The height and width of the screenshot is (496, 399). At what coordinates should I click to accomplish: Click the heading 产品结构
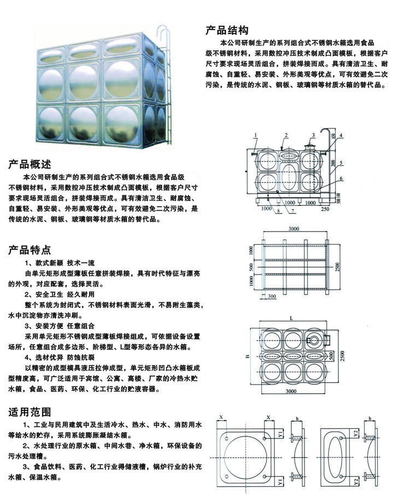point(227,30)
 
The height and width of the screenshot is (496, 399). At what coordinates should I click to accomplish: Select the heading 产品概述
point(30,164)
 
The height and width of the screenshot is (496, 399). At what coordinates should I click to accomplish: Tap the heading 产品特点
point(30,250)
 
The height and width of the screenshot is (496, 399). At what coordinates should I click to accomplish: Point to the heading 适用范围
point(30,412)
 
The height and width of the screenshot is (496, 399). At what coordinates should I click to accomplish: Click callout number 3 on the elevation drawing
point(313,135)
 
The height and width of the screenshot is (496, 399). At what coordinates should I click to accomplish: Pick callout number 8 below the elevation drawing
point(278,210)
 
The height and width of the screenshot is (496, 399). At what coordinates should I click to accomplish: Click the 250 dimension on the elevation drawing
point(325,209)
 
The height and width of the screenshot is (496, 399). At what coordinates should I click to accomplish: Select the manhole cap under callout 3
point(309,147)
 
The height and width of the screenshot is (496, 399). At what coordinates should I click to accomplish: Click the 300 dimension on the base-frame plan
point(272,296)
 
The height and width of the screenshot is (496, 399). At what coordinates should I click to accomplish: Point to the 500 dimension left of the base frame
point(251,268)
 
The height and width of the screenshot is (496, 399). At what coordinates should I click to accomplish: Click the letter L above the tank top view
point(291,318)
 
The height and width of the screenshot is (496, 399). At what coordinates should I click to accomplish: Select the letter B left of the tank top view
point(248,356)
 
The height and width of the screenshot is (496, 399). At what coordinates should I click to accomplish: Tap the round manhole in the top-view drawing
point(314,341)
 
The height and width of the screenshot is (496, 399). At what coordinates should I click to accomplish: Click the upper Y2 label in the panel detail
point(356,434)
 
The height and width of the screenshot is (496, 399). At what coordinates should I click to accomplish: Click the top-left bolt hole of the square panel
point(226,439)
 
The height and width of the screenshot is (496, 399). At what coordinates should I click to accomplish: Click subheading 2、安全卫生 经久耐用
point(60,294)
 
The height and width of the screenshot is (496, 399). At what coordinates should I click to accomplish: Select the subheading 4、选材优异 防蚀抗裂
point(60,357)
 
